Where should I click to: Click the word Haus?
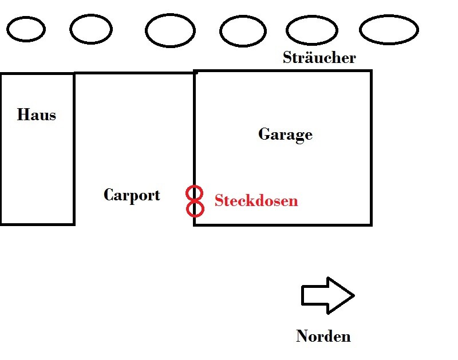(37, 115)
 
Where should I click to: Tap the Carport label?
(132, 195)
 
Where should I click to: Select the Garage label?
(285, 134)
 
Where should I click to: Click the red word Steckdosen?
(256, 201)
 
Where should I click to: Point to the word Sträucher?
(319, 58)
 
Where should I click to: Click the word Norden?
(323, 336)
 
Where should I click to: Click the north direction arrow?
(327, 295)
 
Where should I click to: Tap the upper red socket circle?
(195, 193)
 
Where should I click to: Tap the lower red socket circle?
(195, 208)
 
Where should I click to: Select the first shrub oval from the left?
(26, 29)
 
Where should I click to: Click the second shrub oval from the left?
(91, 29)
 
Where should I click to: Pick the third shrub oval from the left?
(170, 30)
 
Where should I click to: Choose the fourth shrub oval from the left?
(243, 30)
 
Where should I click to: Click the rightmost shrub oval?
(389, 29)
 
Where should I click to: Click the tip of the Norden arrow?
(353, 295)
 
